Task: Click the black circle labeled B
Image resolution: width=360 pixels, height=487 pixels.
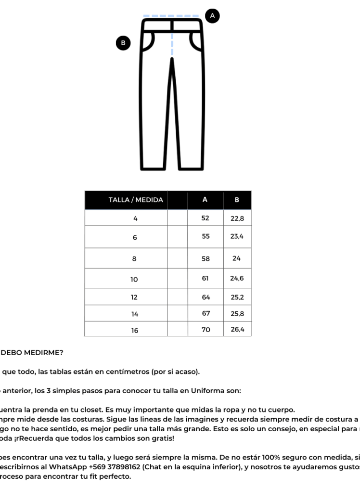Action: (123, 43)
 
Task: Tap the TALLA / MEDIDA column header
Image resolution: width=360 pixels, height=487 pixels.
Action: (136, 200)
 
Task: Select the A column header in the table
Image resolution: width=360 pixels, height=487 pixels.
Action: (206, 200)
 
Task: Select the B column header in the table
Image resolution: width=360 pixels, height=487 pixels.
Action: (236, 200)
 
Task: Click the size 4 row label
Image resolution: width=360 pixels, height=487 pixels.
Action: (135, 218)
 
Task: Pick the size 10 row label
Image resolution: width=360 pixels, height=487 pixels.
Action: (135, 279)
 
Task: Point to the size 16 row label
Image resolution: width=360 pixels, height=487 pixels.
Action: (135, 330)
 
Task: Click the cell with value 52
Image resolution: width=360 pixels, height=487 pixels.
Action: (206, 218)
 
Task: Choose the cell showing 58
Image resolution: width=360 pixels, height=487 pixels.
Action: (206, 258)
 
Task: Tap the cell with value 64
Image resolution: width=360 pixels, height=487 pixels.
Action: (206, 297)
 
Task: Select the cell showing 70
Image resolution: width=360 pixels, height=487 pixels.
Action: (206, 330)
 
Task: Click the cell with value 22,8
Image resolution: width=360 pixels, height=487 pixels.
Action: (237, 218)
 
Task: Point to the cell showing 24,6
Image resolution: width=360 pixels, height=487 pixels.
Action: (237, 278)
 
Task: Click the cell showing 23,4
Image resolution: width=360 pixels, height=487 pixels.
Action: (237, 236)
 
